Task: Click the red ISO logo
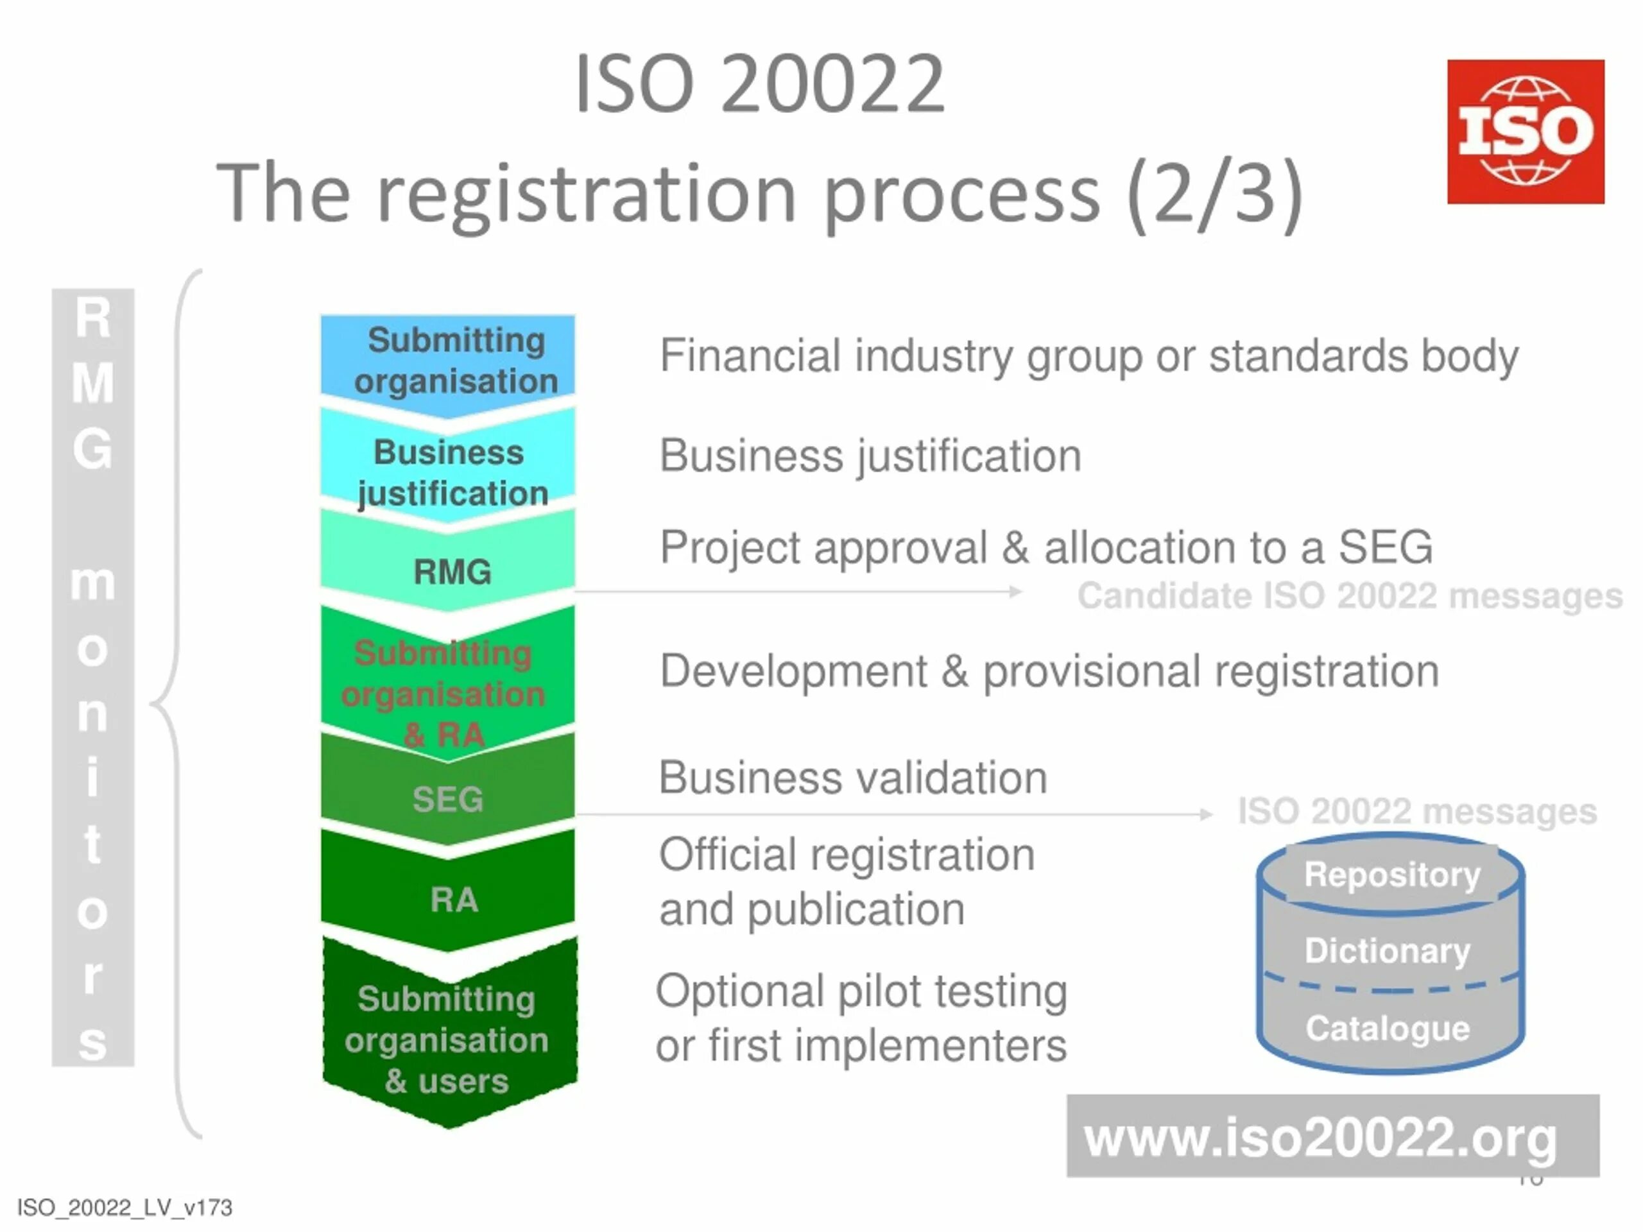tap(1525, 132)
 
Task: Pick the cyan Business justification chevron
tap(448, 472)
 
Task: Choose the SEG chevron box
tap(448, 799)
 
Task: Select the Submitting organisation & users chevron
tap(448, 1039)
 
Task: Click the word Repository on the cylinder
tap(1392, 874)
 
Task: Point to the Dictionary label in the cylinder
tap(1388, 950)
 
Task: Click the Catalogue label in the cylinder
tap(1388, 1029)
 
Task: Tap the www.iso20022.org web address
tap(1320, 1137)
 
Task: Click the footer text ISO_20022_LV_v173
tap(124, 1208)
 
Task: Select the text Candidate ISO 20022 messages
tap(1349, 595)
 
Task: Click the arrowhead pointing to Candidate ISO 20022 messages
tap(1015, 592)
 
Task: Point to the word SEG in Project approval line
tap(1384, 547)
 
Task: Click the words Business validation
tap(853, 778)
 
